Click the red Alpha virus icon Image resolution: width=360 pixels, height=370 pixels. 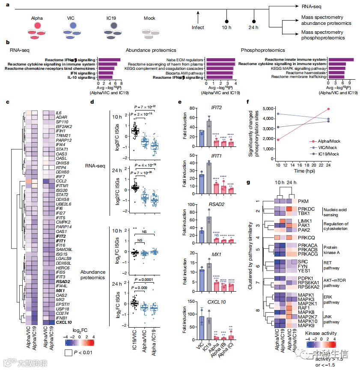click(38, 27)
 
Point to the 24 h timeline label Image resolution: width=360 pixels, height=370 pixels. click(254, 28)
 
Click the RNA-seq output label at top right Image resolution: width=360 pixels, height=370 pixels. click(306, 7)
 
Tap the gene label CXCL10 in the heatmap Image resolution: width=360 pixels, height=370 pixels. click(64, 322)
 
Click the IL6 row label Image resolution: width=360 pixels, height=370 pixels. click(59, 113)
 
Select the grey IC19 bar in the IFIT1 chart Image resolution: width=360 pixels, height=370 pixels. click(209, 174)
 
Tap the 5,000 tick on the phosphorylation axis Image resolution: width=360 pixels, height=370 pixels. click(265, 108)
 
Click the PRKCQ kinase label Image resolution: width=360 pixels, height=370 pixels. click(307, 237)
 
